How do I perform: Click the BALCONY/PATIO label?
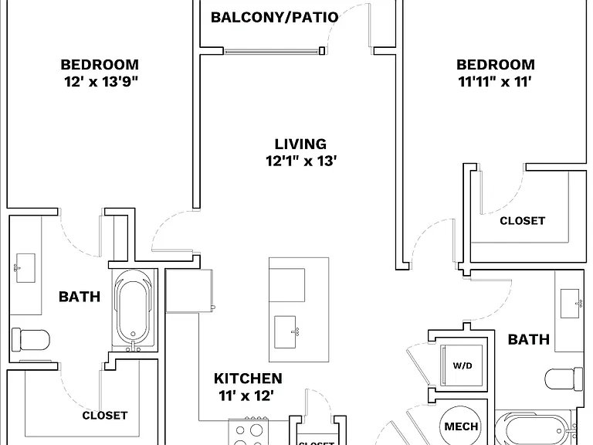[x=275, y=18]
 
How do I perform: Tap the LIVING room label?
[x=300, y=144]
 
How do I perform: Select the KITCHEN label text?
[x=248, y=379]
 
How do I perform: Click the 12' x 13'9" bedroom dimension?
[x=101, y=81]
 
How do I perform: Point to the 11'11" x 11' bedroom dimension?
[x=495, y=81]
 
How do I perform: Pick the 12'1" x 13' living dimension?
[x=301, y=161]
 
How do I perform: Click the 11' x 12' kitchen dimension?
[x=246, y=396]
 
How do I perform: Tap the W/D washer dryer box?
[x=463, y=365]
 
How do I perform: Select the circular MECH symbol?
[x=461, y=426]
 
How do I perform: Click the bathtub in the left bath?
[x=133, y=307]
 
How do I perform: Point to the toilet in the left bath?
[x=31, y=340]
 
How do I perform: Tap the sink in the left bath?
[x=25, y=268]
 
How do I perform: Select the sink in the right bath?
[x=571, y=304]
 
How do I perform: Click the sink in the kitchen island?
[x=286, y=332]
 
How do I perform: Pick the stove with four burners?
[x=248, y=432]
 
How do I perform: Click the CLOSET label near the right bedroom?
[x=522, y=221]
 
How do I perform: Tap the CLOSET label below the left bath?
[x=105, y=416]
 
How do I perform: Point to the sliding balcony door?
[x=274, y=51]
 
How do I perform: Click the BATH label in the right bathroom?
[x=528, y=339]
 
